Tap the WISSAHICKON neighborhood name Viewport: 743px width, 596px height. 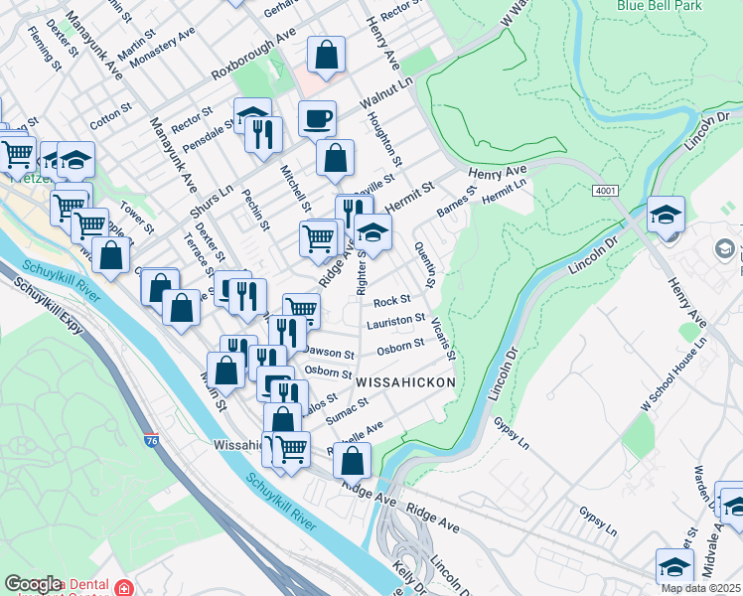pos(405,381)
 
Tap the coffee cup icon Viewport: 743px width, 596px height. pos(317,119)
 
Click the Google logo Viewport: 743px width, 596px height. pos(32,585)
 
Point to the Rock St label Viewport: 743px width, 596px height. pos(392,300)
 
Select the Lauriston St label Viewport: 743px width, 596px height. pos(395,322)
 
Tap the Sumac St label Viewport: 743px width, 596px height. pos(348,409)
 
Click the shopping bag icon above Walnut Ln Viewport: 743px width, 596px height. pos(326,56)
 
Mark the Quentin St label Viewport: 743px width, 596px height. pos(427,264)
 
